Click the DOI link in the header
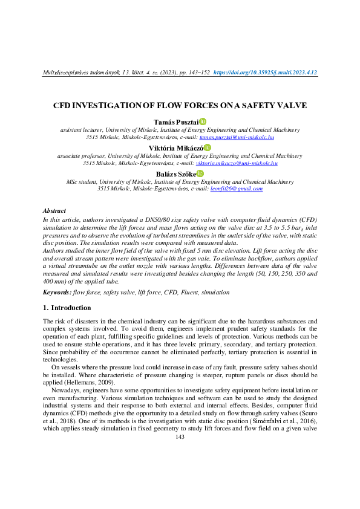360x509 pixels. tap(266, 73)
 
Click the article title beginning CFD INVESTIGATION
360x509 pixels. tap(180, 106)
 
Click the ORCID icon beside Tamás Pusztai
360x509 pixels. tap(203, 122)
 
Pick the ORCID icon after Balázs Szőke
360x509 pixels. tap(201, 172)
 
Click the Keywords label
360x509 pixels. tap(57, 292)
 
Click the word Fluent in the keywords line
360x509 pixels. tap(188, 292)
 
